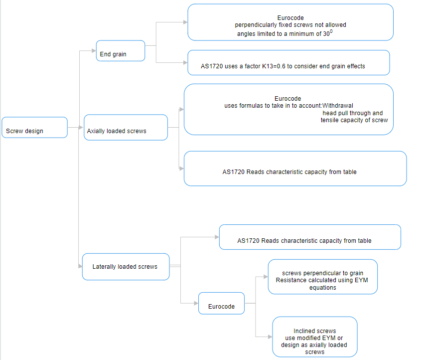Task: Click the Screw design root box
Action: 34,128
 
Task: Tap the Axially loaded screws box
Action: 126,128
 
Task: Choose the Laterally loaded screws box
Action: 125,267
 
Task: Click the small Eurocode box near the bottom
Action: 221,303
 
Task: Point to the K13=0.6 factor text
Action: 279,66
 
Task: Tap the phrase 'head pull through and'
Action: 353,113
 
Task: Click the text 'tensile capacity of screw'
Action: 354,120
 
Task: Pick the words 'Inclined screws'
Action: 314,331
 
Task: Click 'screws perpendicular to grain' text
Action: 322,273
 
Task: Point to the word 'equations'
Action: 322,288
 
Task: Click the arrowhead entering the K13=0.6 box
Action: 185,62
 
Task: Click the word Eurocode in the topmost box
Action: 290,18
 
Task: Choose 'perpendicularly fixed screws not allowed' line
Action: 290,25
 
